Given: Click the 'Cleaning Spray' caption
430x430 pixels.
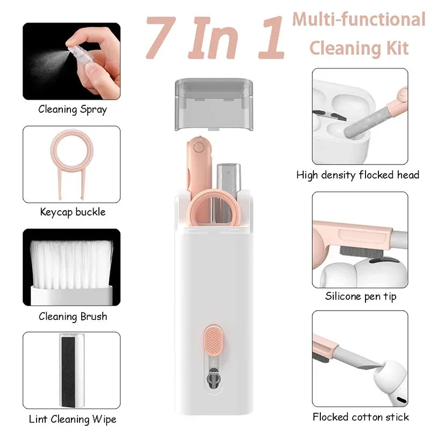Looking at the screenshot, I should click(x=72, y=110).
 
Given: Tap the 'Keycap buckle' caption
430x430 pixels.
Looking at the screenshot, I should click(x=73, y=212).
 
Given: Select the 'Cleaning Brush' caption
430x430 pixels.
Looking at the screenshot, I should click(x=73, y=317).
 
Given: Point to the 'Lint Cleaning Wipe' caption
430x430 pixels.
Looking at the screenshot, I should click(x=73, y=419).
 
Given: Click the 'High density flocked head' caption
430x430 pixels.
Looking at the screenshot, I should click(x=357, y=175).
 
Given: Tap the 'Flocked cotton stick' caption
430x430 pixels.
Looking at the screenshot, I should click(x=361, y=417).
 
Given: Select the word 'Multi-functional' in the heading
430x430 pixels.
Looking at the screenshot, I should click(x=359, y=20).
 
